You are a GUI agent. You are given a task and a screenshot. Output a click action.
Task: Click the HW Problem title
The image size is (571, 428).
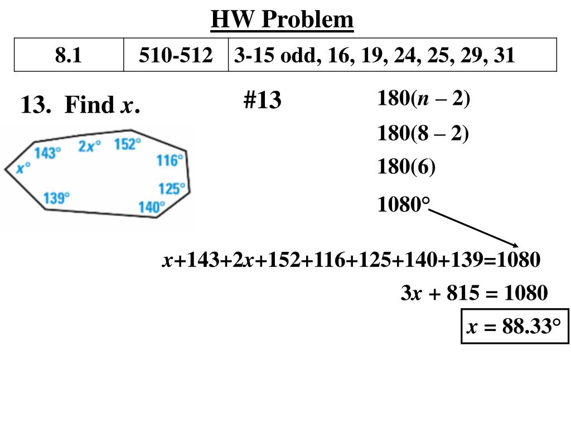[282, 21]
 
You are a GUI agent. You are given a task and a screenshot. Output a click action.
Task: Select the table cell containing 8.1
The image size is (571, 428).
[69, 55]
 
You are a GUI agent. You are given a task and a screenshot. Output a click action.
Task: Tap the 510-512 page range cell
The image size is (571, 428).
[176, 55]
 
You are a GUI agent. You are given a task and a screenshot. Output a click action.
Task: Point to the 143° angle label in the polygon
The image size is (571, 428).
[47, 153]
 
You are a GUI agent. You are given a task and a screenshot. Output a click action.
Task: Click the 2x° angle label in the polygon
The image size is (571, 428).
[90, 146]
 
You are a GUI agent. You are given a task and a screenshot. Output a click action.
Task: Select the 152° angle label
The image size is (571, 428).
[128, 144]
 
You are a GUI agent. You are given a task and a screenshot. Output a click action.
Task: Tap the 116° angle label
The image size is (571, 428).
[170, 160]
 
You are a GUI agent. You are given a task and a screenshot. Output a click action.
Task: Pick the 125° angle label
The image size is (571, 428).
[172, 188]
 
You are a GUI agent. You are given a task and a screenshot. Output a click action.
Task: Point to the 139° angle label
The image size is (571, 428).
[57, 197]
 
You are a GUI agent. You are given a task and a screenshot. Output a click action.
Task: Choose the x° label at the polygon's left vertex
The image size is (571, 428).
[23, 167]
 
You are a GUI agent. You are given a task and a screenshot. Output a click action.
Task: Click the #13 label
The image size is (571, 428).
[262, 101]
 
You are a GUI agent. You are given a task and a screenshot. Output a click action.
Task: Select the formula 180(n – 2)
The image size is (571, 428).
[424, 99]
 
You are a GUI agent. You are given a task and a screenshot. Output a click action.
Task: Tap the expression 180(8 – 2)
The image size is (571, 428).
[423, 134]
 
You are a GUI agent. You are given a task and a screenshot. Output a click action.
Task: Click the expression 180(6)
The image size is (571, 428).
[406, 167]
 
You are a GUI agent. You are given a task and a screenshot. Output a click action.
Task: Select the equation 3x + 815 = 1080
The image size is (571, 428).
[474, 293]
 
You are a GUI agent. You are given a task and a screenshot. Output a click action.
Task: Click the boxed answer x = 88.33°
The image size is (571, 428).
[514, 326]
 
